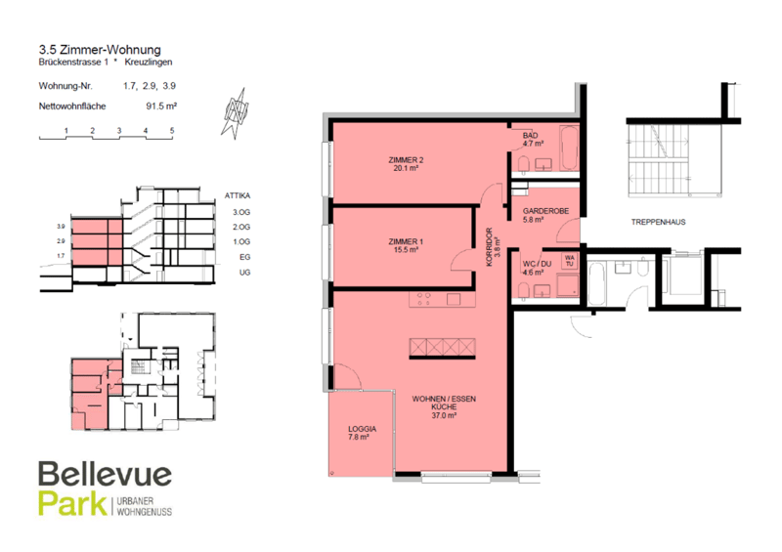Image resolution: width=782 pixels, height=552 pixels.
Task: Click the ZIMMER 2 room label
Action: tap(406, 160)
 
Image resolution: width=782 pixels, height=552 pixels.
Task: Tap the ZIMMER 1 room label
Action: tap(406, 241)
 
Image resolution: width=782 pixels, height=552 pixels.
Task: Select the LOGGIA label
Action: tap(362, 429)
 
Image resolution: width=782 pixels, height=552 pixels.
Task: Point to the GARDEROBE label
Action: tap(545, 211)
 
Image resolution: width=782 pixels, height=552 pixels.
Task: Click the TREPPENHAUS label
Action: tap(658, 222)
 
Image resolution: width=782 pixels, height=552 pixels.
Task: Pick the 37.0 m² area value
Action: tap(444, 415)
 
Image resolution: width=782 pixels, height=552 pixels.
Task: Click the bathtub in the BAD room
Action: tap(569, 149)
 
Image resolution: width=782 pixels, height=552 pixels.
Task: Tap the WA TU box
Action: tap(570, 261)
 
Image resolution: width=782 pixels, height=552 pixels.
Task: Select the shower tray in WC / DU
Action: tap(568, 285)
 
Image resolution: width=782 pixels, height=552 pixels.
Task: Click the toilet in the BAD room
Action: tap(524, 164)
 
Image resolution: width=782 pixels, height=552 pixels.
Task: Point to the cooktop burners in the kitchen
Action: tap(423, 299)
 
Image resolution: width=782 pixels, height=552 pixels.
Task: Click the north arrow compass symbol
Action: tap(236, 113)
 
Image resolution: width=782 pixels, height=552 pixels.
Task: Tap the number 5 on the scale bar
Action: tap(172, 131)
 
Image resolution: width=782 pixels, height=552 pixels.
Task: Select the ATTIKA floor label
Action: tap(238, 195)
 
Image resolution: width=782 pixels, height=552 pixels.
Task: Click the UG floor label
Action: tap(244, 273)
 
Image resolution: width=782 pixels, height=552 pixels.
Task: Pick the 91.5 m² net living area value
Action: tap(161, 106)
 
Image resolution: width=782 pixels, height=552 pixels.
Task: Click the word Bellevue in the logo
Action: tap(106, 474)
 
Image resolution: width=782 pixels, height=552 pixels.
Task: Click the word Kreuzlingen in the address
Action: tap(149, 62)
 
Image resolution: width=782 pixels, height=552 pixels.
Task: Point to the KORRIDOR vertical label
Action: tap(490, 247)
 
